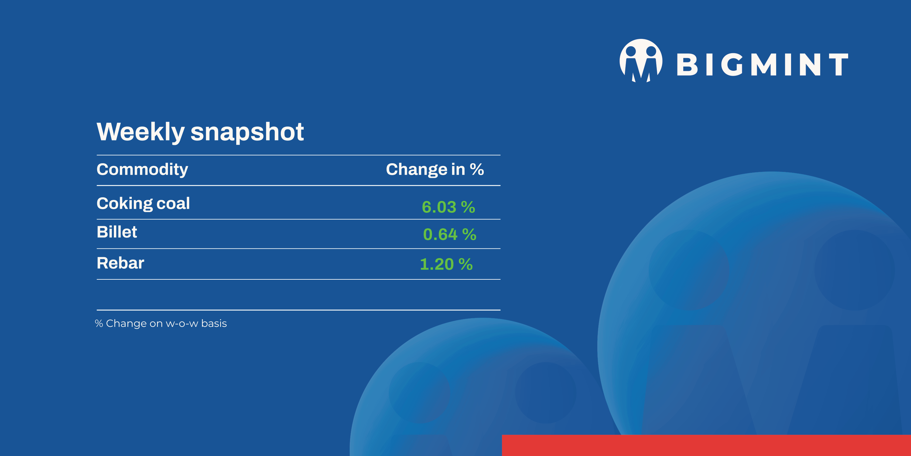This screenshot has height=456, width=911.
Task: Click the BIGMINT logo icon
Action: click(641, 60)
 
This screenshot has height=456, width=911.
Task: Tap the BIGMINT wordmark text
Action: click(763, 64)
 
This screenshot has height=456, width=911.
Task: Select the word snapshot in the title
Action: click(247, 132)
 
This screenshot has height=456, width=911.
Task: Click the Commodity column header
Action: click(142, 170)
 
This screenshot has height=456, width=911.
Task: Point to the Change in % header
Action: click(435, 169)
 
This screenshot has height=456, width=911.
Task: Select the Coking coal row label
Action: click(143, 204)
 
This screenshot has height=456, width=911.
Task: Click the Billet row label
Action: click(117, 232)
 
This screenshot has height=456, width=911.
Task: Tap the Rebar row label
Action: click(120, 263)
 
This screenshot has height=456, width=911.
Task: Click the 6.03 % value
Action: click(449, 207)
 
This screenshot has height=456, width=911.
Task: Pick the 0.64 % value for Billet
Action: click(449, 234)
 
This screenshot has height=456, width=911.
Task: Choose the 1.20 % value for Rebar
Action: click(446, 264)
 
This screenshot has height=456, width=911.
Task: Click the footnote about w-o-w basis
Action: click(161, 323)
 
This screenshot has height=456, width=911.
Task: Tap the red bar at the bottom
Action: click(706, 445)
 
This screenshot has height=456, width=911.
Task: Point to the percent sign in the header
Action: click(477, 169)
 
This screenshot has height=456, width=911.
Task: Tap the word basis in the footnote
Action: click(214, 323)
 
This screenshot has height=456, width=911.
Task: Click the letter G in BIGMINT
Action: click(732, 64)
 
